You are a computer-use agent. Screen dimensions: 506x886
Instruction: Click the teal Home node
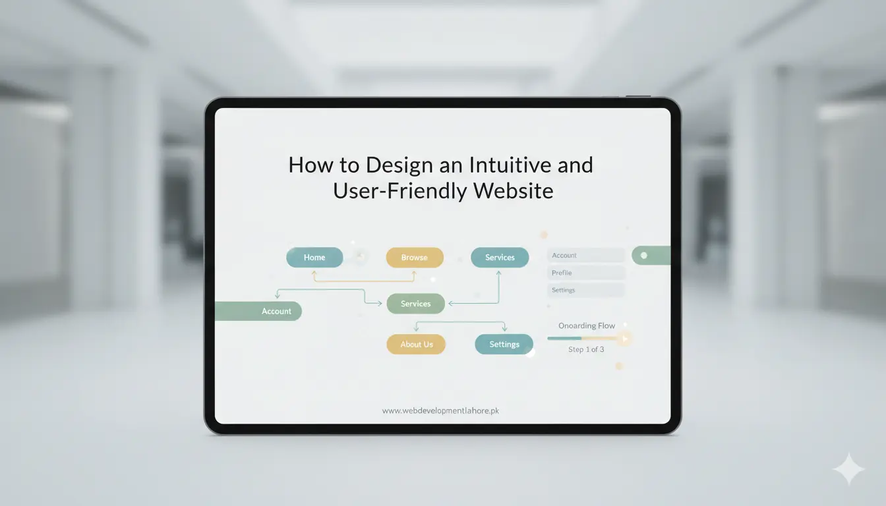click(x=314, y=258)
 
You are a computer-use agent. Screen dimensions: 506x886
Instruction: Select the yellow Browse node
click(x=414, y=258)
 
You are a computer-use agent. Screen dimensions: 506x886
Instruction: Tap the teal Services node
click(x=500, y=258)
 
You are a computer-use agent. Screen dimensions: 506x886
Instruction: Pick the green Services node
click(x=415, y=304)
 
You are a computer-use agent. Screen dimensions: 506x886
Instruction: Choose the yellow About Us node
click(x=416, y=344)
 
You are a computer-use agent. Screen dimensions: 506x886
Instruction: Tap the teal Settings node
click(x=504, y=344)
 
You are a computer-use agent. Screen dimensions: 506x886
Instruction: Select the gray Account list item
click(x=585, y=255)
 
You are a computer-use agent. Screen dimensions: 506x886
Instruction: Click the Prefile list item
click(x=585, y=273)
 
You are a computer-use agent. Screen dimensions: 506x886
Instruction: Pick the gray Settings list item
click(x=585, y=290)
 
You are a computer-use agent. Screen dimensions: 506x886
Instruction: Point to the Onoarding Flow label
click(x=586, y=325)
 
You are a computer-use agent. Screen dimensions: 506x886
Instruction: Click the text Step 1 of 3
click(x=586, y=349)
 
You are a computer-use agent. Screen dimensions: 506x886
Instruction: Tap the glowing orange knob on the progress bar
click(x=623, y=339)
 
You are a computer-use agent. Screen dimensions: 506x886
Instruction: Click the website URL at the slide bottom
click(x=440, y=410)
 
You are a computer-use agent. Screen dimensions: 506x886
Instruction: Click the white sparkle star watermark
click(x=848, y=469)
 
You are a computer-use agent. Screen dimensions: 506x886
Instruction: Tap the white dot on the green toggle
click(x=644, y=256)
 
